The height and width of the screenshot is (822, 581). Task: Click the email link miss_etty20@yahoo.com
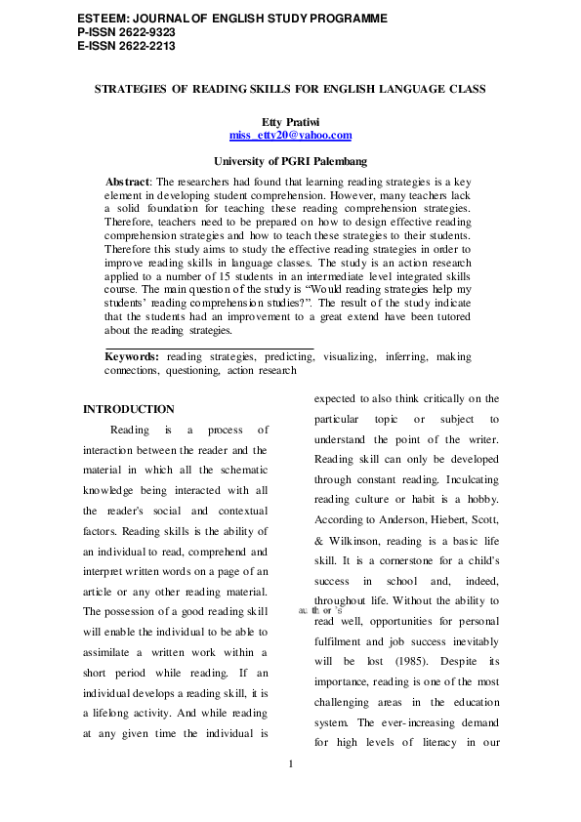(x=289, y=136)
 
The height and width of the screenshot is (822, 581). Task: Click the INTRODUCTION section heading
(x=129, y=409)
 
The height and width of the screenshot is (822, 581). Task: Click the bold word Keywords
(x=132, y=357)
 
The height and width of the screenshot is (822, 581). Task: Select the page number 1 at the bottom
(x=291, y=761)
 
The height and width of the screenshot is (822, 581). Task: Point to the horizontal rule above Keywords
(x=209, y=348)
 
